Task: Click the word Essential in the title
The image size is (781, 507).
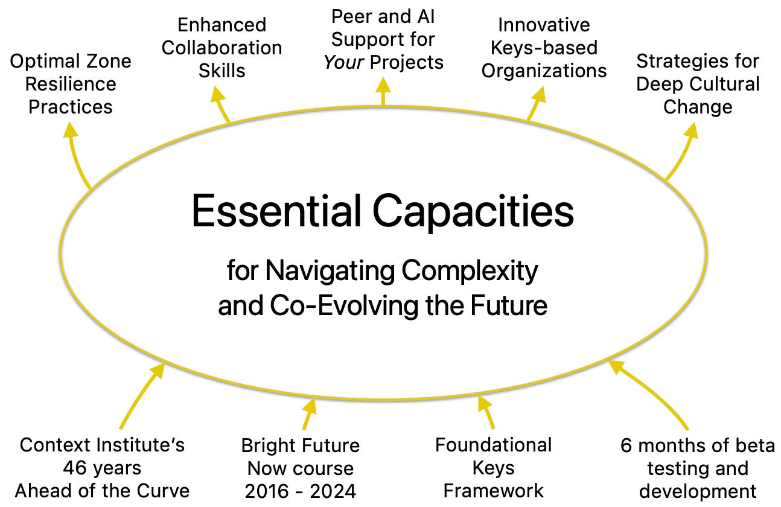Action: pyautogui.click(x=276, y=211)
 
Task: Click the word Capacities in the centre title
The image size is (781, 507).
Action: pyautogui.click(x=473, y=211)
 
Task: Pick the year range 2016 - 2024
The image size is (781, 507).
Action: pyautogui.click(x=300, y=491)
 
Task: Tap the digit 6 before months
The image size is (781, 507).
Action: pyautogui.click(x=626, y=446)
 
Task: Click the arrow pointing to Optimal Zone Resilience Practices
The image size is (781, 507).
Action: pyautogui.click(x=77, y=154)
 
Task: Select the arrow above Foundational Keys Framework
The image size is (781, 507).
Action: pyautogui.click(x=486, y=412)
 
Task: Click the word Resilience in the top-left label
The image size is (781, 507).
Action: pyautogui.click(x=71, y=84)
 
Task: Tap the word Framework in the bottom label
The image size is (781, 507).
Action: pyautogui.click(x=493, y=491)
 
